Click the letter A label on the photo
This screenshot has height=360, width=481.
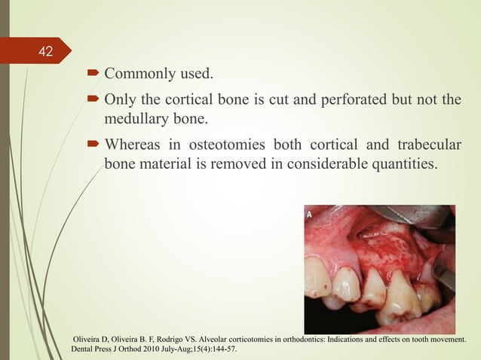pos(310,214)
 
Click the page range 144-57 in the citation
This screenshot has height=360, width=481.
pos(225,350)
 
